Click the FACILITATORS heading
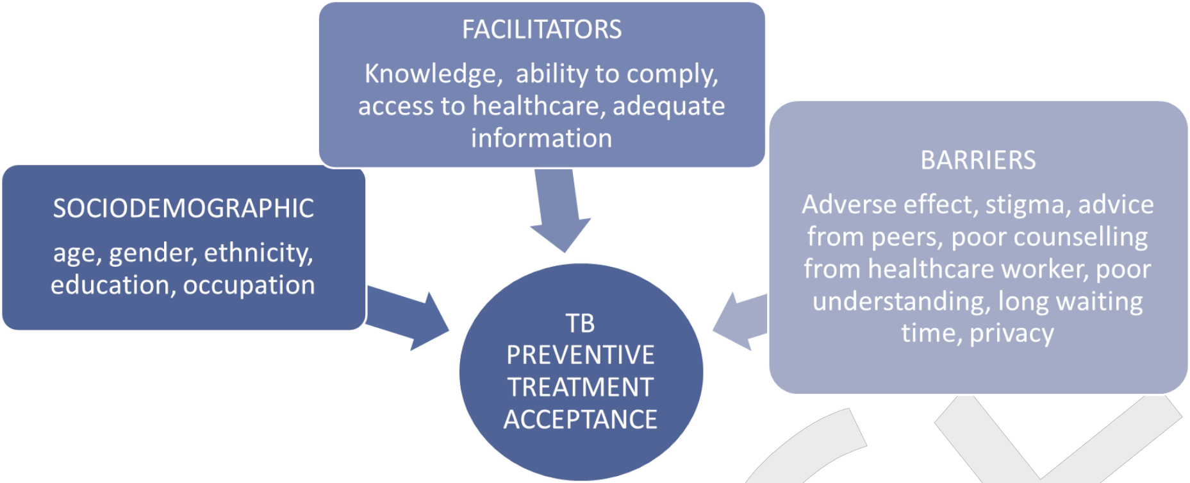pyautogui.click(x=541, y=30)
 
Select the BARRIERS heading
pyautogui.click(x=978, y=160)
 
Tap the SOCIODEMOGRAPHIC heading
pyautogui.click(x=183, y=208)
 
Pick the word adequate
pyautogui.click(x=669, y=106)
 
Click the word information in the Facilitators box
pyautogui.click(x=541, y=138)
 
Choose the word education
pyautogui.click(x=113, y=285)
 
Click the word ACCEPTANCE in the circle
pyautogui.click(x=581, y=419)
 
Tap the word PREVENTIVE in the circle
pyautogui.click(x=581, y=355)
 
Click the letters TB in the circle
pyautogui.click(x=580, y=323)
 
